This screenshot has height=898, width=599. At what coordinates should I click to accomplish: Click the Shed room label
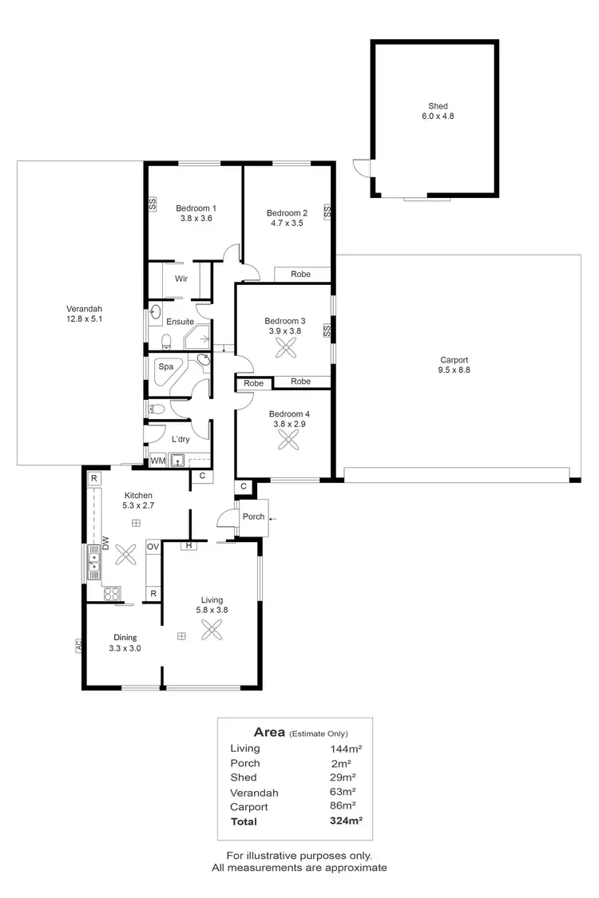point(438,105)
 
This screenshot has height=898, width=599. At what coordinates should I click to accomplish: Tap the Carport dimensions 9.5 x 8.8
point(453,370)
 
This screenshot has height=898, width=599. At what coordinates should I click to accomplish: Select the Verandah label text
point(84,309)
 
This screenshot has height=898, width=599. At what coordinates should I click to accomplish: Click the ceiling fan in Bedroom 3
point(285,347)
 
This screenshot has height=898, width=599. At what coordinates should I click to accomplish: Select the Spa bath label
point(165,366)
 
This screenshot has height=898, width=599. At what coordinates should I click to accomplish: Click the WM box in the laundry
point(158,461)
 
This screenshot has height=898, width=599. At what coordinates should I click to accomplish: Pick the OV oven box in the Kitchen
point(153,547)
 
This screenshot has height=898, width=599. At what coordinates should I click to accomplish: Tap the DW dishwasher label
point(104,544)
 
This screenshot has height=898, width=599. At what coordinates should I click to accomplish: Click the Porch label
point(254,516)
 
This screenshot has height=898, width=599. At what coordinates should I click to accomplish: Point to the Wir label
point(181,279)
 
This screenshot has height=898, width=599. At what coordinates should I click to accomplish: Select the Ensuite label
point(180,321)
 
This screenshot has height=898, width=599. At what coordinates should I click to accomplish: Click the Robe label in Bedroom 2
point(300,274)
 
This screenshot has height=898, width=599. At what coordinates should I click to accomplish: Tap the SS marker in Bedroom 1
point(152,204)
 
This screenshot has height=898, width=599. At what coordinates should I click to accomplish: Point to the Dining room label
point(125,637)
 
